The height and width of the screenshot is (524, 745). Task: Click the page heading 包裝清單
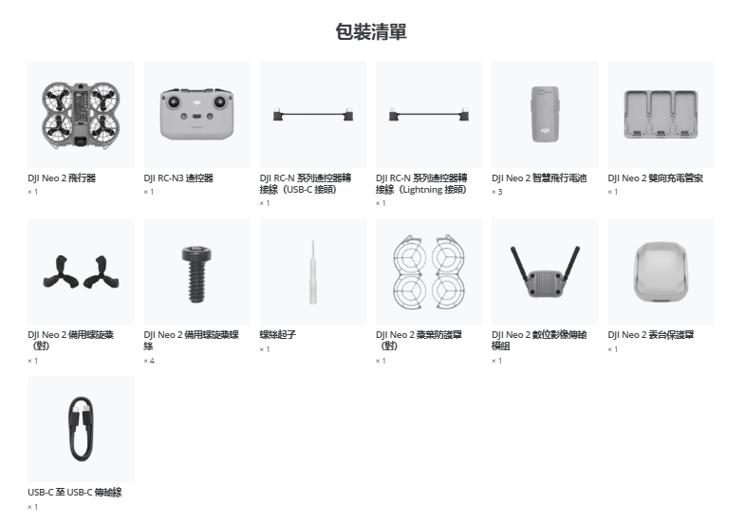point(371,32)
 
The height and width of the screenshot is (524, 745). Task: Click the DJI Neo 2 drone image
point(81,115)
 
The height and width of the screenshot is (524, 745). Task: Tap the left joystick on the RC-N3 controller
point(174,102)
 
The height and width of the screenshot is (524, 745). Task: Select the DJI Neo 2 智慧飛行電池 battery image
point(545,114)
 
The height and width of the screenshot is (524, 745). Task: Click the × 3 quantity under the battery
point(497,192)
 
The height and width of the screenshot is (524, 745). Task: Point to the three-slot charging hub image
point(661,114)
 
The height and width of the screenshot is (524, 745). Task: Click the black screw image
point(196,274)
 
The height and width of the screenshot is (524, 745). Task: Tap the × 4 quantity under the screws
point(149,361)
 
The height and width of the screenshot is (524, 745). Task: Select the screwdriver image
point(312,271)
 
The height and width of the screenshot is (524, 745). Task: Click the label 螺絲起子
point(278,334)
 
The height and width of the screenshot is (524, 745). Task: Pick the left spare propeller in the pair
point(61,272)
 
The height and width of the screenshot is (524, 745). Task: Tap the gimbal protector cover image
point(661,271)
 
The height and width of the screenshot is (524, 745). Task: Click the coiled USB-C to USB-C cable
point(81,429)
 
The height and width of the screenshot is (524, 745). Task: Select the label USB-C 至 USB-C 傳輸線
point(75,492)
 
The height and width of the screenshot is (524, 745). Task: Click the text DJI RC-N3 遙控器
point(178,178)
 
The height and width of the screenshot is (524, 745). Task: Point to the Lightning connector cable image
point(429,115)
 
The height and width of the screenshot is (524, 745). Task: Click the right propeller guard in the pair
point(448,271)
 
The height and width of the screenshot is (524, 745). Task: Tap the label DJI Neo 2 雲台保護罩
point(651,334)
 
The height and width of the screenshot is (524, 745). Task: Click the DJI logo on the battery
point(545,130)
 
